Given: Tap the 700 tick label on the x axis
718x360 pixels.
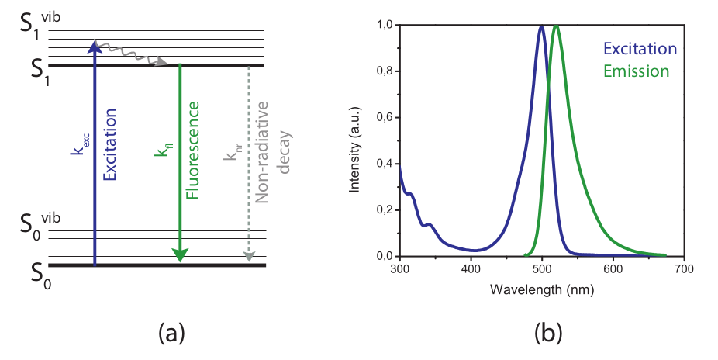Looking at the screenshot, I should click(x=684, y=269).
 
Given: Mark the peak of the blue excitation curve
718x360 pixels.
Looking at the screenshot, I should click(x=541, y=26).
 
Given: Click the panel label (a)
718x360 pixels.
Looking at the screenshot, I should click(x=171, y=334).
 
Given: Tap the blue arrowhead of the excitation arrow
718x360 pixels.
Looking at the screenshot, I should click(x=94, y=47).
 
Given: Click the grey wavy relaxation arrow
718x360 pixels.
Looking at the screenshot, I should click(x=132, y=54).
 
